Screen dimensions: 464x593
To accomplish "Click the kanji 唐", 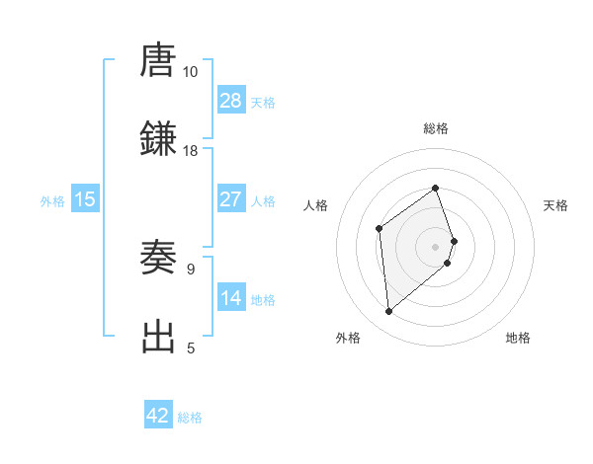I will click(158, 61).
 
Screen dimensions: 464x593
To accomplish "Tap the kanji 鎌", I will click(158, 139).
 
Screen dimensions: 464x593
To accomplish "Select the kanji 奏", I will click(158, 258).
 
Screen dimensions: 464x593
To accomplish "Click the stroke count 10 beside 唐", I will click(190, 72).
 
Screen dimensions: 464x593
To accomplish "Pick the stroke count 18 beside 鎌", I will click(190, 150).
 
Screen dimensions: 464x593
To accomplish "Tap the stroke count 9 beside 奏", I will click(191, 269).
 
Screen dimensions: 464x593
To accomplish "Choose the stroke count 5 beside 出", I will click(191, 348).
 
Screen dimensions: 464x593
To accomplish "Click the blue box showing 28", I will click(231, 101).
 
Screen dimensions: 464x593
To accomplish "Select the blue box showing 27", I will click(231, 199).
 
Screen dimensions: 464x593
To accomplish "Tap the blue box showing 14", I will click(231, 298).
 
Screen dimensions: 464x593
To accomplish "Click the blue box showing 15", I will click(85, 199).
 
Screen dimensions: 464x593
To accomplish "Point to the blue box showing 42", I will click(158, 416).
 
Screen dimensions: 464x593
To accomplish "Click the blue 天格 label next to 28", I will click(263, 103).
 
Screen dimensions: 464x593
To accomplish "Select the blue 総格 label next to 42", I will click(190, 418).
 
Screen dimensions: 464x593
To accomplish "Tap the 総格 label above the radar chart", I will click(436, 128).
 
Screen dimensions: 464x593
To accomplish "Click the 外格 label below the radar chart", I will click(348, 339).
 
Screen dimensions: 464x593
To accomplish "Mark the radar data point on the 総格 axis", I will click(436, 188).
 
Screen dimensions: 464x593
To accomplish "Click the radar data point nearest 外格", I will click(389, 312).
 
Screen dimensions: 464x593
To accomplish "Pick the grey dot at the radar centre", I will click(436, 245).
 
